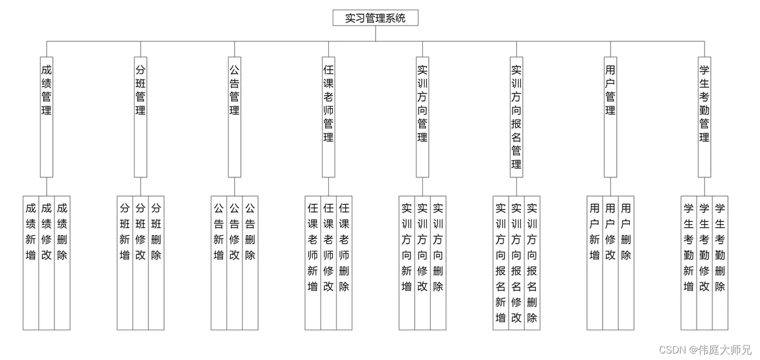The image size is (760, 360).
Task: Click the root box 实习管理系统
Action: tap(375, 18)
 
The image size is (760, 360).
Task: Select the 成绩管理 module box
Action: tap(47, 117)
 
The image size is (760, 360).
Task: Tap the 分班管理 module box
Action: tap(141, 117)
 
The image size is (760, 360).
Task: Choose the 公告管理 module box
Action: tap(235, 117)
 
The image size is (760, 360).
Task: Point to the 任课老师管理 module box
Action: tap(328, 117)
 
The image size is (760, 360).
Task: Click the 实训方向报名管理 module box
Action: tap(516, 117)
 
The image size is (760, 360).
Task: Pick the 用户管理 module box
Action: tap(610, 117)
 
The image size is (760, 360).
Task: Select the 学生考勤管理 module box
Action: tap(704, 117)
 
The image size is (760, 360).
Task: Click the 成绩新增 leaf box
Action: tap(31, 263)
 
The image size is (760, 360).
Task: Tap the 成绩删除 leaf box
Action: tap(62, 263)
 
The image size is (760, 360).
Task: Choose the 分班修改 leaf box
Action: tap(141, 263)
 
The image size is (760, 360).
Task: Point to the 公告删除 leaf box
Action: tap(250, 263)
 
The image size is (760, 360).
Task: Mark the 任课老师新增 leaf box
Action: tap(313, 263)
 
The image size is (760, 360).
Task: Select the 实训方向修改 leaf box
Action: tap(422, 263)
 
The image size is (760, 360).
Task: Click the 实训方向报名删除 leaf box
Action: tap(532, 263)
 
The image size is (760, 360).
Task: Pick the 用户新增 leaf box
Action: tap(594, 263)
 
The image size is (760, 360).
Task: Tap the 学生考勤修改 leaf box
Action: tap(704, 263)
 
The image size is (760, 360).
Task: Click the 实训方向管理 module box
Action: tap(422, 117)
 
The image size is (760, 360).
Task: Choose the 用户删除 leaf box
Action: tap(626, 263)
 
